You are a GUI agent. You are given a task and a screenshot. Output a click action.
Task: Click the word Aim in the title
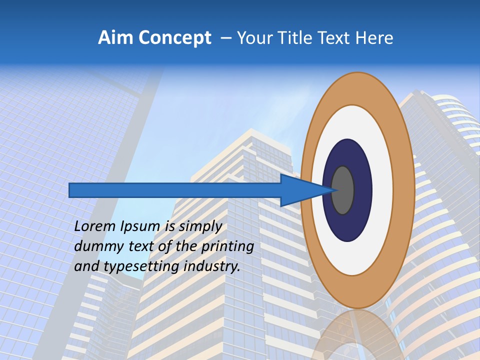(x=114, y=38)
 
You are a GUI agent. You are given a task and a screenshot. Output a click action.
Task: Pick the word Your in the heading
(x=254, y=38)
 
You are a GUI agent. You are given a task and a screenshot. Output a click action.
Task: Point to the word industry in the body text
(x=211, y=266)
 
